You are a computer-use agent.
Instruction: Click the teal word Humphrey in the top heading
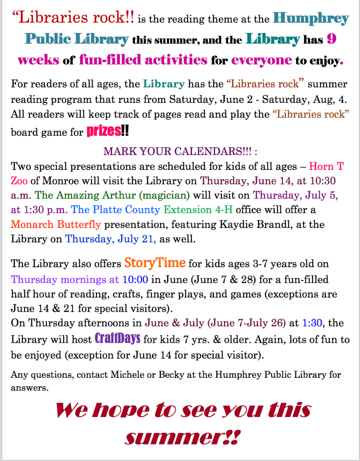pos(311,18)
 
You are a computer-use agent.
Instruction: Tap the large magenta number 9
pos(331,39)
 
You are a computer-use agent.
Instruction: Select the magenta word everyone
pos(261,60)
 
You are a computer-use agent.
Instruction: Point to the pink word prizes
pos(104,131)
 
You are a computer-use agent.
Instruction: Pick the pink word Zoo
pos(19,181)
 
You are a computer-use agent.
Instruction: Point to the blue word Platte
pos(107,210)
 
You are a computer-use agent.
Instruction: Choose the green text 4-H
pos(224,210)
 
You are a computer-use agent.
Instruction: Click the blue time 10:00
pos(135,279)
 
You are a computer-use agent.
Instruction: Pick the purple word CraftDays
pos(118,338)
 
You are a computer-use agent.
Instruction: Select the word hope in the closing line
pos(120,411)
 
